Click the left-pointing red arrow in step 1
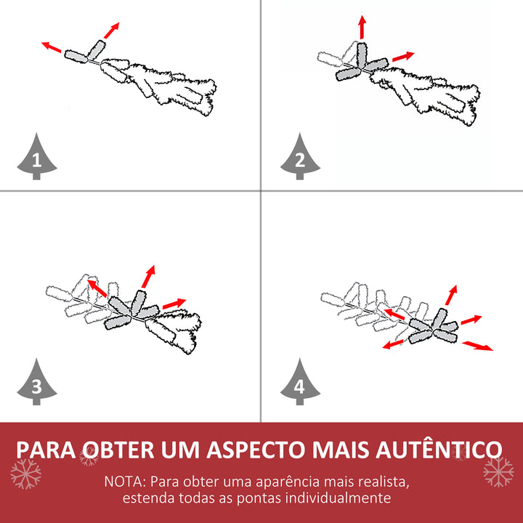point(51,47)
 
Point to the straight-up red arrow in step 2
point(362,28)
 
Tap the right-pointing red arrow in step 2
point(403,57)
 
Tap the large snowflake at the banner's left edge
point(25,474)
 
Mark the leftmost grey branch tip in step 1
point(76,54)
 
